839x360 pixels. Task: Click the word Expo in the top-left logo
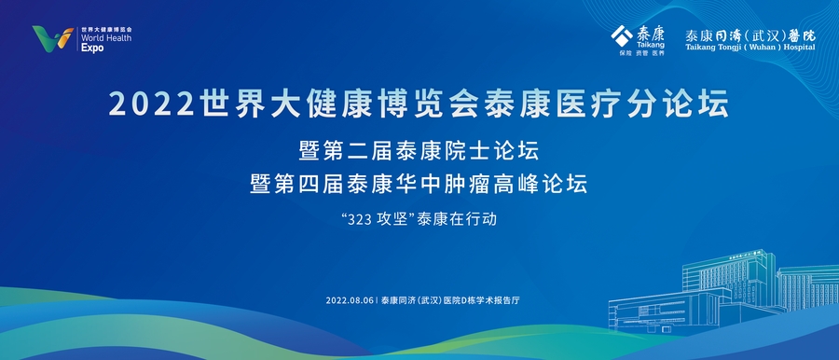(x=91, y=48)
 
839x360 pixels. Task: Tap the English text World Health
(x=105, y=38)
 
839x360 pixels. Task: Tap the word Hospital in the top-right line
(x=795, y=46)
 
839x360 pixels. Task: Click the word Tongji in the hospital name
(x=734, y=46)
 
